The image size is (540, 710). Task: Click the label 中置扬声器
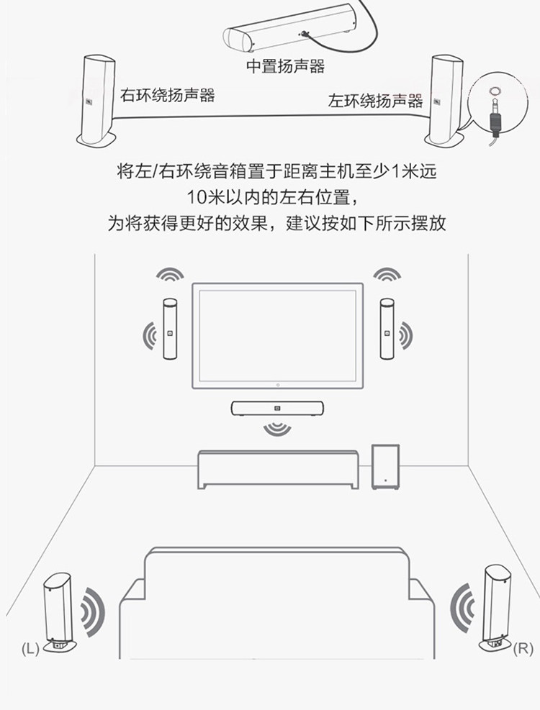pyautogui.click(x=286, y=67)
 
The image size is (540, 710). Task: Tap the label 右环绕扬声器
pyautogui.click(x=167, y=94)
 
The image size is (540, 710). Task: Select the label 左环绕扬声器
pyautogui.click(x=375, y=100)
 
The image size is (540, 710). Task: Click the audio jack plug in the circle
pyautogui.click(x=495, y=117)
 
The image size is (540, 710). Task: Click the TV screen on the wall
pyautogui.click(x=277, y=335)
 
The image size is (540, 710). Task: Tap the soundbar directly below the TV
pyautogui.click(x=277, y=409)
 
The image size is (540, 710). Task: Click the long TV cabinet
pyautogui.click(x=277, y=469)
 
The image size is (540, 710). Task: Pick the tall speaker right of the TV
pyautogui.click(x=387, y=329)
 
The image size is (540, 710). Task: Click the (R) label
pyautogui.click(x=523, y=649)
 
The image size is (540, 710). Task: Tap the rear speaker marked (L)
pyautogui.click(x=58, y=611)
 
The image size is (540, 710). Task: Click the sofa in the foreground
pyautogui.click(x=277, y=604)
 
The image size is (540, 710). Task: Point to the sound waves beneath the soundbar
pyautogui.click(x=277, y=429)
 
